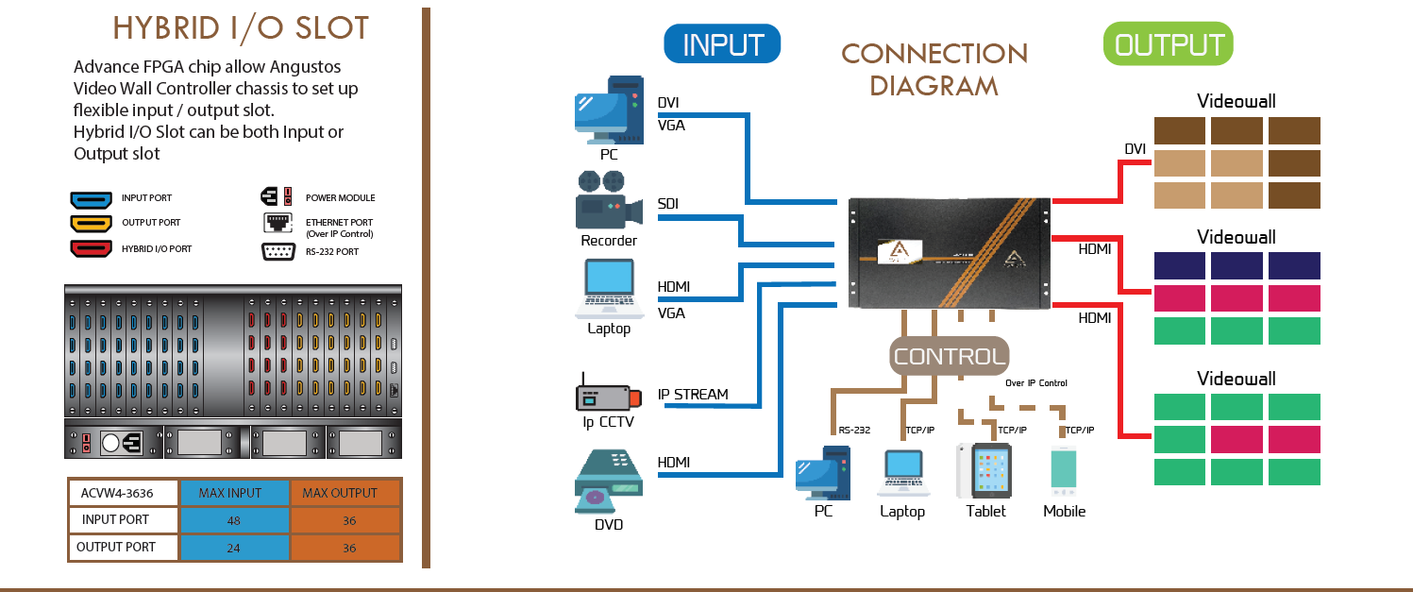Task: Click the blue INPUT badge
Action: [722, 43]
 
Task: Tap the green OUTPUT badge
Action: [1168, 43]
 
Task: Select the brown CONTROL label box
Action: [950, 356]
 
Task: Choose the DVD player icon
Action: [609, 482]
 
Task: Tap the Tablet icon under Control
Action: [985, 470]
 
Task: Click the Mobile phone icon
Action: [1064, 472]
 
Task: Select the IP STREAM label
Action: [693, 394]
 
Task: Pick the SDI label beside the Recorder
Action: [668, 204]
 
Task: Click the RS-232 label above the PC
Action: [854, 431]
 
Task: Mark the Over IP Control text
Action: [1036, 383]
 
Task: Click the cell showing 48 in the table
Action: [234, 520]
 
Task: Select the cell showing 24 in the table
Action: [234, 548]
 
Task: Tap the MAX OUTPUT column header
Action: [346, 493]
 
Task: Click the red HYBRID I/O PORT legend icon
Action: [92, 248]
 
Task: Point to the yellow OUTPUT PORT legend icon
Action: [92, 224]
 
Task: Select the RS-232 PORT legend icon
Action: [278, 251]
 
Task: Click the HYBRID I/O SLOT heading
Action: [241, 29]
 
